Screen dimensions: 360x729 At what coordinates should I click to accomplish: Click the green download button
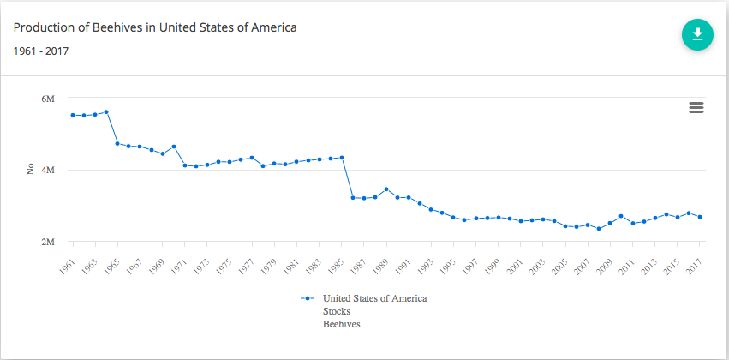coord(697,34)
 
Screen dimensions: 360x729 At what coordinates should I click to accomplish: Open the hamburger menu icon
coord(696,107)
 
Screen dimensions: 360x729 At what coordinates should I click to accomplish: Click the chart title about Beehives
coord(155,27)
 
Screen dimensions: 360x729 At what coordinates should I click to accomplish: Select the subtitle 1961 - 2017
coord(41,51)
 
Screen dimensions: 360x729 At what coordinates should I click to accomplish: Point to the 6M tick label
coord(48,99)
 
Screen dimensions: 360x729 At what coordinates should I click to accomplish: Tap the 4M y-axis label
coord(48,171)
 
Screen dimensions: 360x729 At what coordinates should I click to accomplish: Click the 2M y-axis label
coord(48,243)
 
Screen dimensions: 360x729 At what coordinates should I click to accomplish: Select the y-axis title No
coord(30,171)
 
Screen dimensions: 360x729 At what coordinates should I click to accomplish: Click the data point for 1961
coord(73,115)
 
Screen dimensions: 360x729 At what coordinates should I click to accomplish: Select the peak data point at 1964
coord(106,112)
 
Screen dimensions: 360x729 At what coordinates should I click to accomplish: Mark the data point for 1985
coord(342,158)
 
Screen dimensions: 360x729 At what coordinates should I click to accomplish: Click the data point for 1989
coord(386,189)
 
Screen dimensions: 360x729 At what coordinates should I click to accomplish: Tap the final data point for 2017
coord(700,217)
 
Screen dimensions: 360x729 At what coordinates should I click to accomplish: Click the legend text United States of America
coord(374,298)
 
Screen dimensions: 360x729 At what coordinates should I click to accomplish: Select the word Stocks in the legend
coord(336,311)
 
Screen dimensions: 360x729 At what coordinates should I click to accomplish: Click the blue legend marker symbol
coord(307,298)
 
